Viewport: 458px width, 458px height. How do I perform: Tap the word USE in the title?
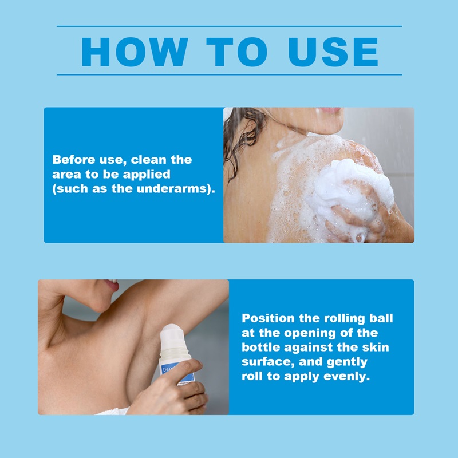pyautogui.click(x=333, y=52)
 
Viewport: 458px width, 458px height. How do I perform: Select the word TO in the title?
pyautogui.click(x=236, y=52)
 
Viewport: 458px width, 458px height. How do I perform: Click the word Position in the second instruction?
pyautogui.click(x=268, y=318)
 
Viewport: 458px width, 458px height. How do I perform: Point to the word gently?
pyautogui.click(x=347, y=362)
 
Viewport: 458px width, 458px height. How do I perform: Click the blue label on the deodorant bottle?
pyautogui.click(x=175, y=374)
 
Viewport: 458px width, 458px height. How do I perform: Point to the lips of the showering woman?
pyautogui.click(x=330, y=110)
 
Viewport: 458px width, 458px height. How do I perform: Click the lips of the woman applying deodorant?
pyautogui.click(x=112, y=285)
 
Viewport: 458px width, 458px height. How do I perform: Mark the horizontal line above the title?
pyautogui.click(x=230, y=26)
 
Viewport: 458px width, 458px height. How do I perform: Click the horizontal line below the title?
pyautogui.click(x=230, y=75)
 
